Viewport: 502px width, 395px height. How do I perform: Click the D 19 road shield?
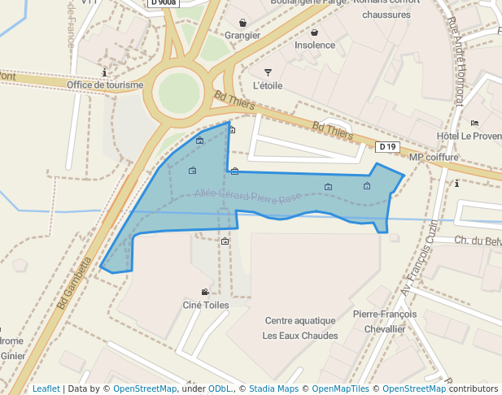387,147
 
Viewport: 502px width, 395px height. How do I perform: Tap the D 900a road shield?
163,3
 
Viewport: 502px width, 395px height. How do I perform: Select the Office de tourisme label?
105,85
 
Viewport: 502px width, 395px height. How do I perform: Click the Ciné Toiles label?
205,305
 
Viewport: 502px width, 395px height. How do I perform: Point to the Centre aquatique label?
300,320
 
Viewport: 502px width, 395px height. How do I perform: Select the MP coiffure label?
434,158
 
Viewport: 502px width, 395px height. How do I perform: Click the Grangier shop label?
242,35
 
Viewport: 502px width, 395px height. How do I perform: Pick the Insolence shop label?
314,46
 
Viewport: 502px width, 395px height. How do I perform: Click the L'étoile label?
268,85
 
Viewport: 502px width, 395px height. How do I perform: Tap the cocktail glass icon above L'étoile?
268,72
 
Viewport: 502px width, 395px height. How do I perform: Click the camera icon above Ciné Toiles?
205,292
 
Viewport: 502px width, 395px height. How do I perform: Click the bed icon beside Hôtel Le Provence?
474,123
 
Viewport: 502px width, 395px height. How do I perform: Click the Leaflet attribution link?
46,388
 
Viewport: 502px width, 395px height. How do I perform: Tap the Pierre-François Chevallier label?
385,321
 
